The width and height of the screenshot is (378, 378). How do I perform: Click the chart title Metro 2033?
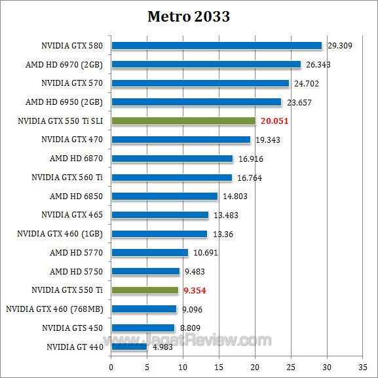pos(189,16)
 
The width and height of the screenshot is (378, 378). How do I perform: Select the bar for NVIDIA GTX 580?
pos(216,46)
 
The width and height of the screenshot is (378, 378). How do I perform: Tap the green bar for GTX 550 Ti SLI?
pos(183,121)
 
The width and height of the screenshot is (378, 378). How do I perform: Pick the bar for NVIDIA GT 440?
pos(129,347)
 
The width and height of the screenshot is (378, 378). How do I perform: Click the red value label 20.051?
pos(274,121)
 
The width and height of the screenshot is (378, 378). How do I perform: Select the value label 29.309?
pos(340,46)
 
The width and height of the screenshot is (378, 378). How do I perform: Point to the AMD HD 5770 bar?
pos(149,253)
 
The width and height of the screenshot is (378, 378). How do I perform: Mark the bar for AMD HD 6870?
pos(172,159)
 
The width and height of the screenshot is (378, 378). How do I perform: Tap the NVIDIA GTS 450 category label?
pos(72,328)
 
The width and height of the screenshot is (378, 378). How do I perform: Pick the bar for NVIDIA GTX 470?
pos(181,140)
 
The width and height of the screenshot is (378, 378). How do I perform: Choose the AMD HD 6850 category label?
pos(76,196)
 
